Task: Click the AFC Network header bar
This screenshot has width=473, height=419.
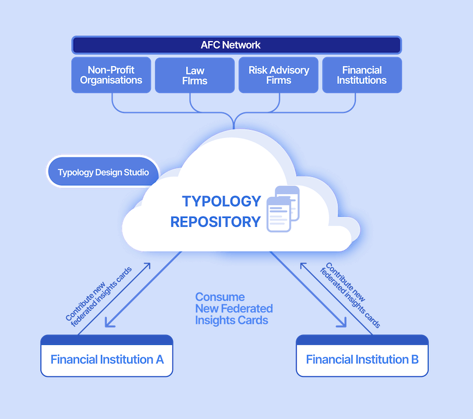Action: coord(236,45)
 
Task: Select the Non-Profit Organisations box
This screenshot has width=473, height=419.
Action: coord(111,75)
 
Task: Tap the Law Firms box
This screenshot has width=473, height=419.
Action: coord(194,75)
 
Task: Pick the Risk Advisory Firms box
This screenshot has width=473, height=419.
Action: coord(279,75)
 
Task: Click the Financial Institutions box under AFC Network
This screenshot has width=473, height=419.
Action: coord(362,75)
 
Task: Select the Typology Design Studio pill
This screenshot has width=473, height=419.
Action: coord(103,172)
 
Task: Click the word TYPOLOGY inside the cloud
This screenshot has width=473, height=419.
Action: coord(221,201)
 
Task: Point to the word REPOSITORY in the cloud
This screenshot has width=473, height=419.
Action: coord(215,222)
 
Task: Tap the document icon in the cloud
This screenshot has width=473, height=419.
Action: coord(283,209)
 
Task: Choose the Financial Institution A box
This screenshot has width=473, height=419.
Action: coord(107,355)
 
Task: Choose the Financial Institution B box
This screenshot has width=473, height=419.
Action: coord(362,355)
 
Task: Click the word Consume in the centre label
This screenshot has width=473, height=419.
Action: coord(220,297)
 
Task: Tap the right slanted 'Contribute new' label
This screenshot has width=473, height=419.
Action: coord(345,282)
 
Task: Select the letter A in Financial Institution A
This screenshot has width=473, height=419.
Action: coord(160,359)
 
